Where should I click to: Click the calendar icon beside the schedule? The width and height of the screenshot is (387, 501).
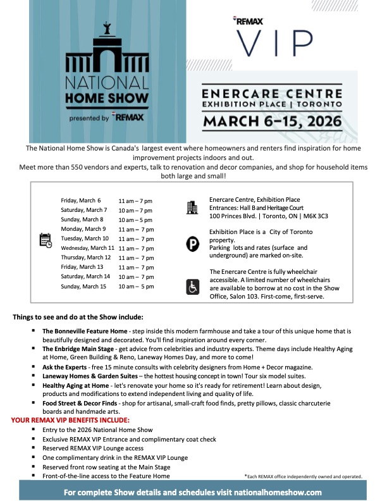(46, 240)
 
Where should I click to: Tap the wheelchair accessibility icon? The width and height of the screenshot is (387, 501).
(192, 287)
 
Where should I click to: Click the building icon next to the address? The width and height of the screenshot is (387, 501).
(192, 207)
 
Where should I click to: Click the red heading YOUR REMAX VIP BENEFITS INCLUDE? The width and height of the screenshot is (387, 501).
(80, 420)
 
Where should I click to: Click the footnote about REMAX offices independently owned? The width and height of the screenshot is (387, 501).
(302, 476)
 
